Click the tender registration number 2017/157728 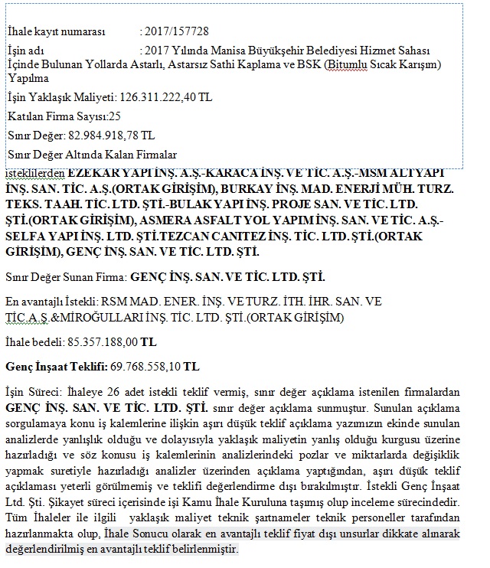[178, 31]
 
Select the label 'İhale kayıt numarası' [55, 31]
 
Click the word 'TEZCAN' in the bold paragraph [174, 236]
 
